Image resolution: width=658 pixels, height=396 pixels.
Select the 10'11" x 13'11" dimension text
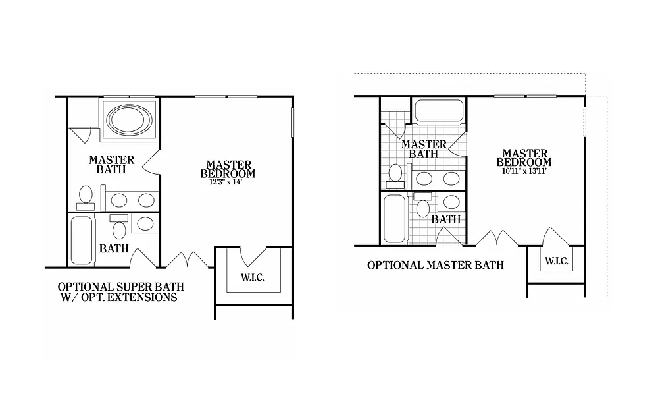[524, 171]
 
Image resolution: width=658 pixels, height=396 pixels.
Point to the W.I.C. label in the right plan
[556, 261]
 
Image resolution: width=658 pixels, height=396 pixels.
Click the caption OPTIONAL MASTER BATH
[435, 266]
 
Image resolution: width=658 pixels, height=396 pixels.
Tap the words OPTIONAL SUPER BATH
[120, 287]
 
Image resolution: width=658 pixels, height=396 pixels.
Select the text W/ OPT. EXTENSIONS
[118, 298]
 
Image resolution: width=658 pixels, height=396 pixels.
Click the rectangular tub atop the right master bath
[439, 110]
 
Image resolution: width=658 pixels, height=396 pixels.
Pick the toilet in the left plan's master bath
[86, 196]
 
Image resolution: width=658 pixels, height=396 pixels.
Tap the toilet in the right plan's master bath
[395, 173]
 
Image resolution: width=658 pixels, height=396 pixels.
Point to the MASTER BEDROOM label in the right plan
[524, 158]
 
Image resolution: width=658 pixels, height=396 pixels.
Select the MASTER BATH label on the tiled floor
[424, 149]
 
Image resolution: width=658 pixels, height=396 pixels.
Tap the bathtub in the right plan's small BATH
[393, 217]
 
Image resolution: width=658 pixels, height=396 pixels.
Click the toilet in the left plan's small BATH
[119, 228]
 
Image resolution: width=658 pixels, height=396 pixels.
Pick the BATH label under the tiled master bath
[445, 219]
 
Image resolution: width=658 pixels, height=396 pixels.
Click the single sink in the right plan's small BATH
[451, 202]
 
